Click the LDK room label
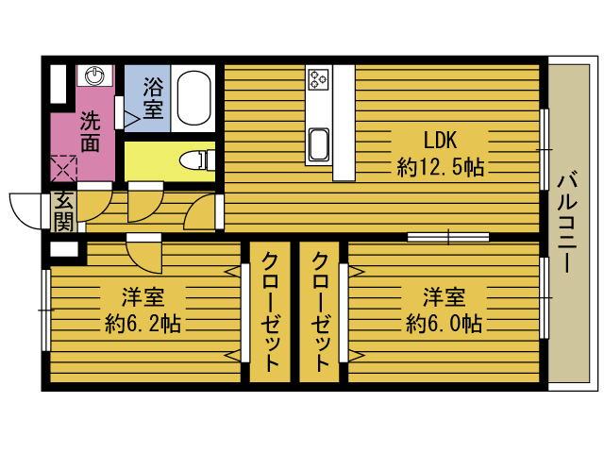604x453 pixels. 440,142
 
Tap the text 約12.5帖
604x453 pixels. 441,168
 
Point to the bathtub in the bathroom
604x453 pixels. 195,98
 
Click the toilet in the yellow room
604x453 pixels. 195,159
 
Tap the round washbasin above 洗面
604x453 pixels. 95,75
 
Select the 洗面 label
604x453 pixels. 90,132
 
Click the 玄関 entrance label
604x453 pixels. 63,211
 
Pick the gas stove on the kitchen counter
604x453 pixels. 317,78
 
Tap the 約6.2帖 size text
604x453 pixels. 143,324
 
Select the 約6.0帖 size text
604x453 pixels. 444,324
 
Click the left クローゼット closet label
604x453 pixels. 270,312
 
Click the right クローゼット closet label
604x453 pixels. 320,312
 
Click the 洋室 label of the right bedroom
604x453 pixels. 444,296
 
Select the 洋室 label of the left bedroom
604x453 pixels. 143,296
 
